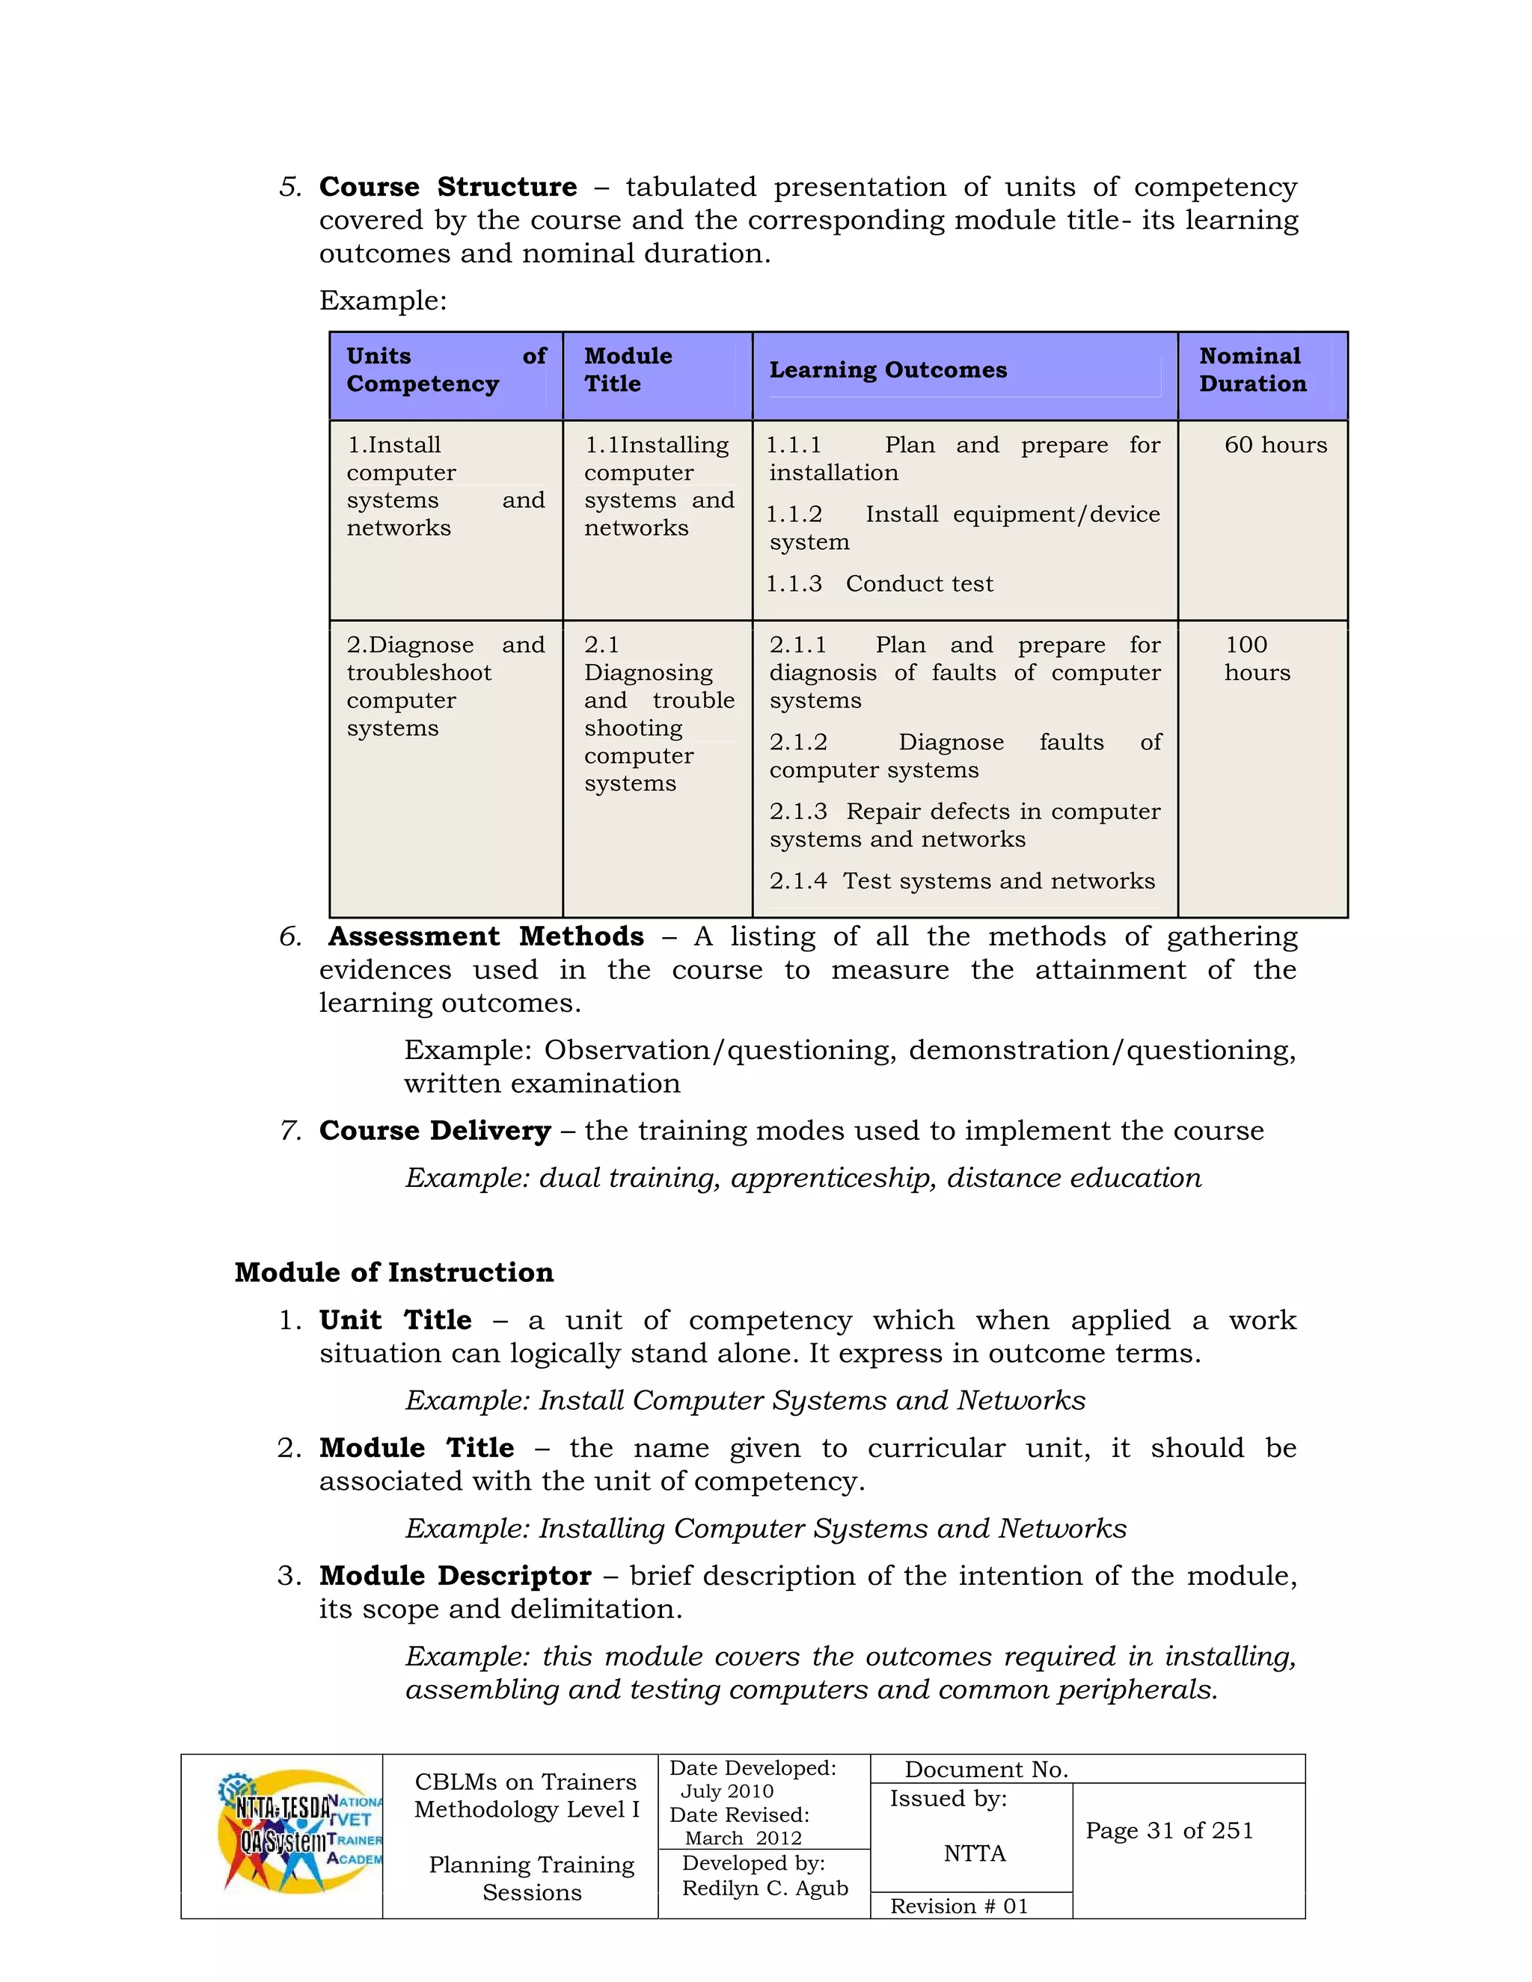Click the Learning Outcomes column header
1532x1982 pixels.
click(888, 370)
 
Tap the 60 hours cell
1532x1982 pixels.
click(1275, 445)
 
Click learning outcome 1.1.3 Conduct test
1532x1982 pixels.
click(880, 583)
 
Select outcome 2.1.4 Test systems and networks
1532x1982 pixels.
click(962, 881)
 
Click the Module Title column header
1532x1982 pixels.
click(628, 370)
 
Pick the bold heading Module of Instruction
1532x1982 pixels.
click(394, 1272)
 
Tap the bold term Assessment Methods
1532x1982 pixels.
click(486, 936)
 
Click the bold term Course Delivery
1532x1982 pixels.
click(435, 1131)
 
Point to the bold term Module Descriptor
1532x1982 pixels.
click(455, 1575)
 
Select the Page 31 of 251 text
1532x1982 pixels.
click(1169, 1830)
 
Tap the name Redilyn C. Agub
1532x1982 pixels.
click(765, 1888)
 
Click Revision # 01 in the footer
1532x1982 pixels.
click(959, 1906)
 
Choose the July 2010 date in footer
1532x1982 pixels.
click(727, 1791)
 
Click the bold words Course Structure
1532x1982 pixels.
click(447, 187)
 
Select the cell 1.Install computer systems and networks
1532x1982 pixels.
click(445, 486)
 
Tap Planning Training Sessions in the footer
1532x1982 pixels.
click(531, 1879)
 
